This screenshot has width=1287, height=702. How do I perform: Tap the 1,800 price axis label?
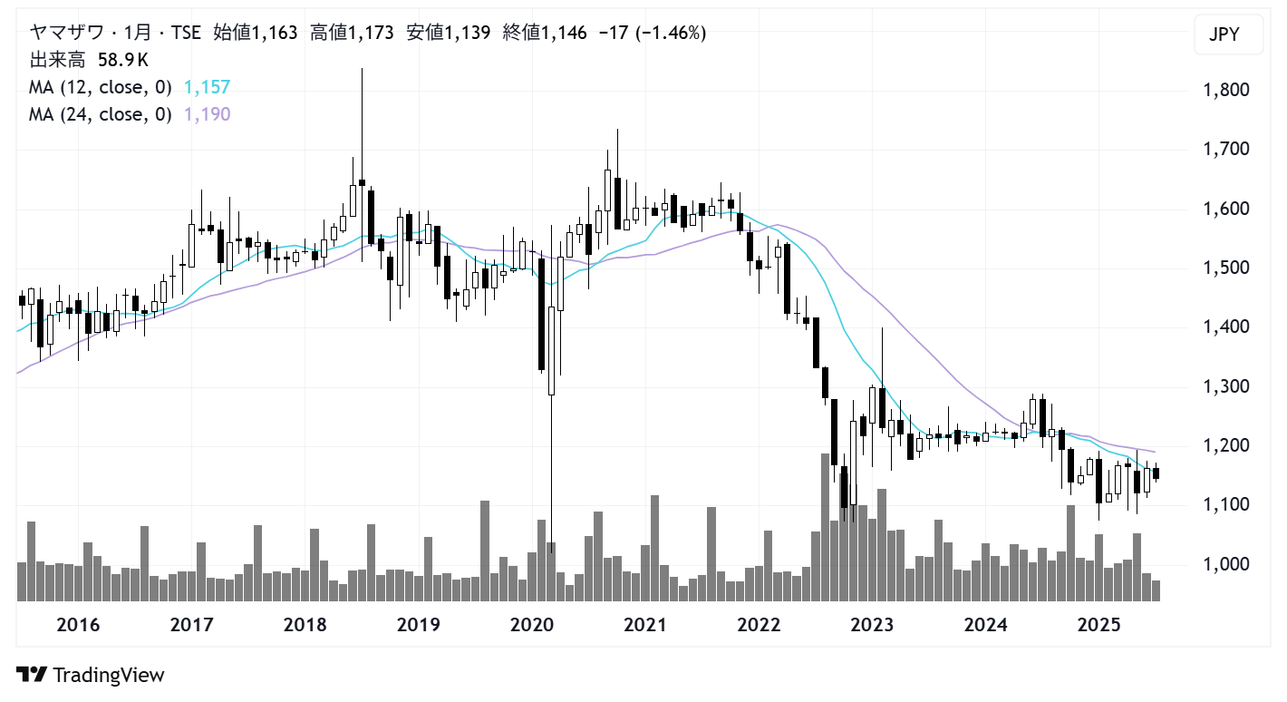(1224, 91)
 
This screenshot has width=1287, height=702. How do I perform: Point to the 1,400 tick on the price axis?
(1224, 327)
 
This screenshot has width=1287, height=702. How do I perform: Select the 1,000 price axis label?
(1224, 564)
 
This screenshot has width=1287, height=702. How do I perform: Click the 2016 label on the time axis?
(78, 625)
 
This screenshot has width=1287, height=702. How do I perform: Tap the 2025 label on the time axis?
(1099, 625)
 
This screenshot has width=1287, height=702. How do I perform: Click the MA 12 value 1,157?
(207, 87)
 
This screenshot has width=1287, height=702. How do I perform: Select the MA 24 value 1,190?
(207, 114)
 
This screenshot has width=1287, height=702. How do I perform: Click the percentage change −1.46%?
(671, 34)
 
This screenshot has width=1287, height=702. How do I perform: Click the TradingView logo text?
(108, 675)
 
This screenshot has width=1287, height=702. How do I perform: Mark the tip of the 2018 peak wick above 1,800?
(362, 69)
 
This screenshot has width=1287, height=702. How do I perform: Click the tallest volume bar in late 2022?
(826, 526)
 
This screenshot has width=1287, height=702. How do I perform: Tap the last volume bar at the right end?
(1156, 590)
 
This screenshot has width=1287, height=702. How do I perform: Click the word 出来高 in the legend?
(58, 60)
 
